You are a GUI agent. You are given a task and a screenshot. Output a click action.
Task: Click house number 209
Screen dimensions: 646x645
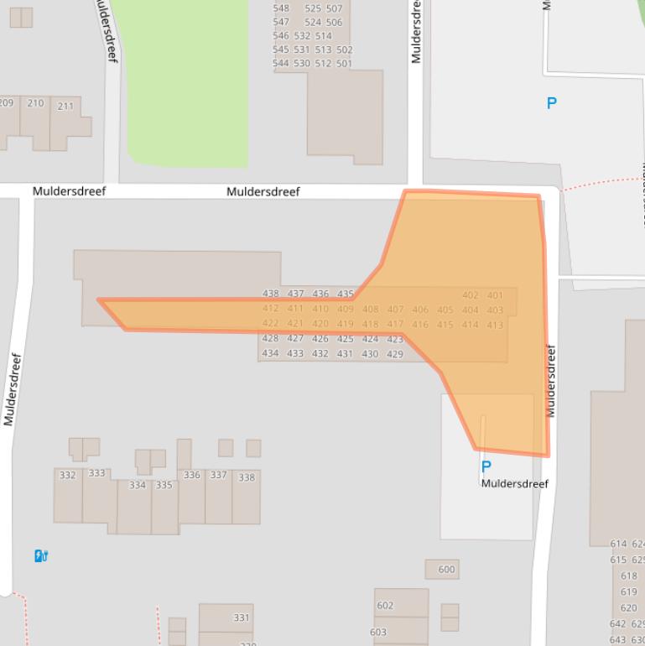(x=6, y=103)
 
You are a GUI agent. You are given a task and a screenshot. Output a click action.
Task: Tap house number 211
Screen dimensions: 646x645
(x=65, y=107)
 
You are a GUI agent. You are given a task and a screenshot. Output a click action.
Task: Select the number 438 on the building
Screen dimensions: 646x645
(x=270, y=294)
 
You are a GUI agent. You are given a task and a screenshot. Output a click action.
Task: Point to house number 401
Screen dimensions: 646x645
(x=495, y=295)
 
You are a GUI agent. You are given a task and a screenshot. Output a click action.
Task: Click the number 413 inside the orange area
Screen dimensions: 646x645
(x=494, y=325)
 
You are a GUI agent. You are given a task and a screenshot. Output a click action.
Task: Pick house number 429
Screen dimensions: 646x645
(x=395, y=354)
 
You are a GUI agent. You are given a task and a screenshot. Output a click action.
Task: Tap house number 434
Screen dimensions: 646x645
(x=270, y=353)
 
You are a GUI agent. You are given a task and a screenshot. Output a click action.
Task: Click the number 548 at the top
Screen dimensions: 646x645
(x=281, y=8)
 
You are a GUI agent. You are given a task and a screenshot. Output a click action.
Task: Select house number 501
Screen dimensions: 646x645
(x=345, y=63)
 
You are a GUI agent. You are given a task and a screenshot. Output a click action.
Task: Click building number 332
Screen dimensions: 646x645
(x=68, y=475)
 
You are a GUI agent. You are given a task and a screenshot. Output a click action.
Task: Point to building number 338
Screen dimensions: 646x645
(x=247, y=477)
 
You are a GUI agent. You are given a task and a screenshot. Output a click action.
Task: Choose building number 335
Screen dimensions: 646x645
(x=164, y=485)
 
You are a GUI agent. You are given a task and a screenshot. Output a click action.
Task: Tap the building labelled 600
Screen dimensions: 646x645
(x=446, y=570)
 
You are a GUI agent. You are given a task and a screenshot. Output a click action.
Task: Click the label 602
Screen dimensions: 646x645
(x=385, y=605)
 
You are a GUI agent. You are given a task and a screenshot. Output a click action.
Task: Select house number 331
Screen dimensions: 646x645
(x=242, y=617)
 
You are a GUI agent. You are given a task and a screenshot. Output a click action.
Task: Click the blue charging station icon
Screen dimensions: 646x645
(x=40, y=555)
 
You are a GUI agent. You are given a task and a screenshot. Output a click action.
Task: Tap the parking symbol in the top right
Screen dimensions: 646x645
(x=551, y=103)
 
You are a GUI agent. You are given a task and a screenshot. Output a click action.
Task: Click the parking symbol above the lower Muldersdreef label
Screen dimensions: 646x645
(x=486, y=466)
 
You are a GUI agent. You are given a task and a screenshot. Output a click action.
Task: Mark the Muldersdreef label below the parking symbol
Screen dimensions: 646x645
(x=514, y=484)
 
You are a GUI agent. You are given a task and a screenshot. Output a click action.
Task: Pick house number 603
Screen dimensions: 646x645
(x=378, y=632)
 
